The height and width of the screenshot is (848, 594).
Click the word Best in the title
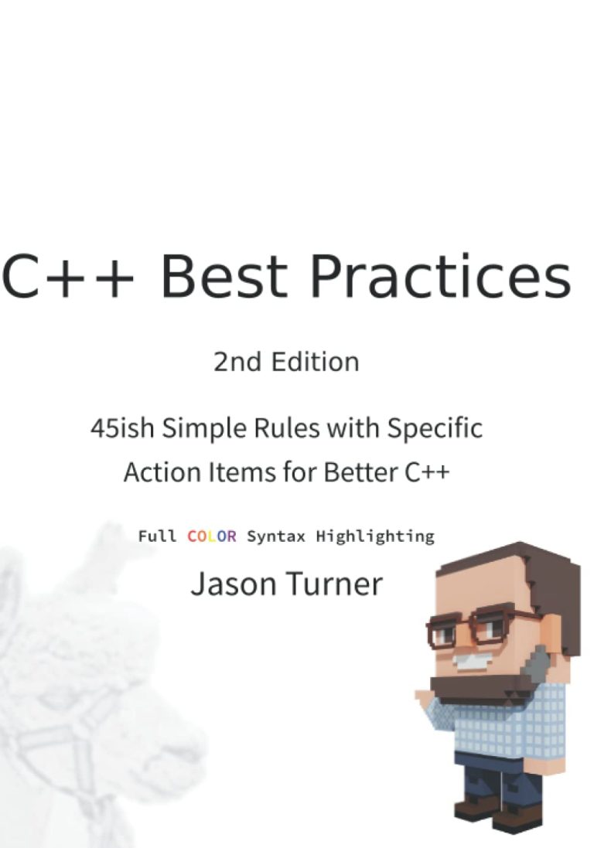click(x=224, y=276)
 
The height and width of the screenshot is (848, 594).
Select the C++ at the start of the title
click(x=67, y=276)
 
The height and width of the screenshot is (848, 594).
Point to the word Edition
click(x=315, y=362)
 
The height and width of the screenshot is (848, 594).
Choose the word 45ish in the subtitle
click(x=122, y=428)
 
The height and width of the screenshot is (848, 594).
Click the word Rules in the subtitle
click(x=287, y=428)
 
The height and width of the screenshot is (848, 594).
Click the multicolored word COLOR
click(x=211, y=536)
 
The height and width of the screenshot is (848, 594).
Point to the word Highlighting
click(x=375, y=537)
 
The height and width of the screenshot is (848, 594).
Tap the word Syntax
click(x=276, y=537)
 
